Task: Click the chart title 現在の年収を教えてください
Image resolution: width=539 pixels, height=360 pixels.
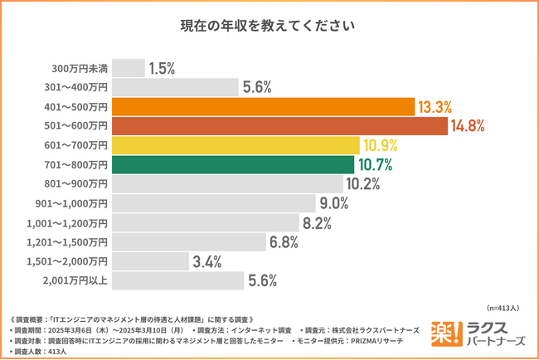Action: coord(269,26)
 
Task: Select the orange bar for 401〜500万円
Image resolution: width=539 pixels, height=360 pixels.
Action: coord(263,106)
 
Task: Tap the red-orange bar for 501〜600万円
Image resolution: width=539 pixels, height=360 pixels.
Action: coord(279,125)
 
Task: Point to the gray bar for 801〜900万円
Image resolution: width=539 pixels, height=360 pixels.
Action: coord(227,183)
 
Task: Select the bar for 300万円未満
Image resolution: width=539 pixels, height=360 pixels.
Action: coord(128,68)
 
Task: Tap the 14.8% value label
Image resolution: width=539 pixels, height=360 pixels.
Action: coord(468,126)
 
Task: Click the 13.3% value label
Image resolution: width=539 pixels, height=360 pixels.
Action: coord(435,107)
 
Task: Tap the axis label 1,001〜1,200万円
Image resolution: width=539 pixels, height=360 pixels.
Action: coord(72,222)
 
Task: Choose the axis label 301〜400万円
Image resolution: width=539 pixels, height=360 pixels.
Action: coord(76,87)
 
